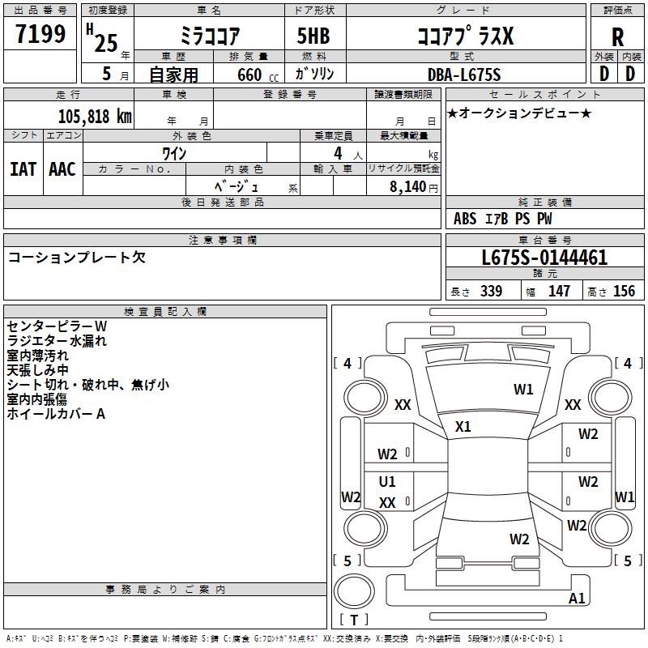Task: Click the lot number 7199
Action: pos(40,35)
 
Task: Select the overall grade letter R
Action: pos(617,37)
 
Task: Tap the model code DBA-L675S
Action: pos(464,74)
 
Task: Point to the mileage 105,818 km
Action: pos(95,115)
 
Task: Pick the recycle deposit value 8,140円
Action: pos(414,187)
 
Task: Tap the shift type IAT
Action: pos(23,168)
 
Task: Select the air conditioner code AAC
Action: pos(62,168)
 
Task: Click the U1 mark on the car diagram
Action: pos(388,482)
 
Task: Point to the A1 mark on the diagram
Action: pos(577,599)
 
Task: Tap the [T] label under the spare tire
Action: pos(354,620)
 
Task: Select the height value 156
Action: pos(624,292)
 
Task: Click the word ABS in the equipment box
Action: pos(465,219)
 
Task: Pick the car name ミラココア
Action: pos(209,36)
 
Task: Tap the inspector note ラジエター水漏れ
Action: pos(57,341)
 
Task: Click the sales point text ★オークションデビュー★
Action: pos(518,113)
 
